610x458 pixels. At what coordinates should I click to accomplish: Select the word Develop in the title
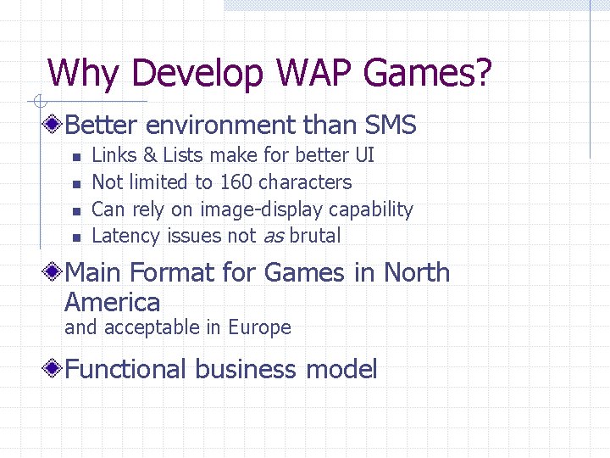point(198,75)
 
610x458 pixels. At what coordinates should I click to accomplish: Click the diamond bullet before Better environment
point(54,126)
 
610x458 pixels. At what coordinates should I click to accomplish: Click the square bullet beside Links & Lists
point(75,156)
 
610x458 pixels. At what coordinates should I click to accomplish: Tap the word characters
point(305,182)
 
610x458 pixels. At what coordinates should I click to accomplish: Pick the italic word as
point(273,237)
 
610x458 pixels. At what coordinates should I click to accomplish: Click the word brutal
point(315,236)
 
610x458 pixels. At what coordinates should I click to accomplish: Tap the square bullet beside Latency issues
point(75,237)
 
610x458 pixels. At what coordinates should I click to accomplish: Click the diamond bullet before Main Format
point(54,273)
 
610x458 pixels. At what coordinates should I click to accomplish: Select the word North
point(417,273)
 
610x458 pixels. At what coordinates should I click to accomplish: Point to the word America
point(112,302)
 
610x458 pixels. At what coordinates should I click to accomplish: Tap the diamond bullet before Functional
point(54,370)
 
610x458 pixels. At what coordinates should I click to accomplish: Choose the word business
point(246,370)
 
